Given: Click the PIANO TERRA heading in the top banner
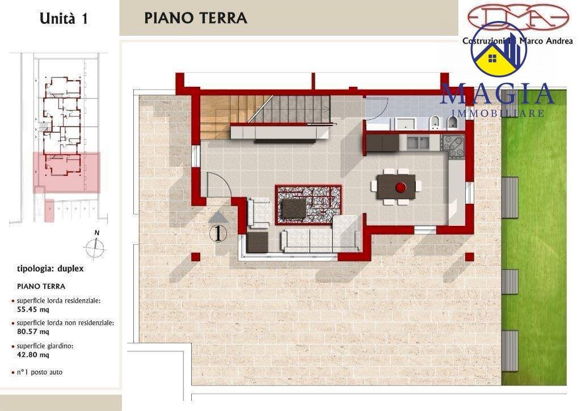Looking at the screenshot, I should [195, 18].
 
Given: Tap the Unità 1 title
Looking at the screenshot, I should [63, 18].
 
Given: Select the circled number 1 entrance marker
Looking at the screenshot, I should [219, 233].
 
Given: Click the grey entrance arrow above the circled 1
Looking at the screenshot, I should [219, 216].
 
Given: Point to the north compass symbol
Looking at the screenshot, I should [96, 245].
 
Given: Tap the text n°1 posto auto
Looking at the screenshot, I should [40, 372].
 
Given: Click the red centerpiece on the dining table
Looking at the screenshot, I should [400, 186].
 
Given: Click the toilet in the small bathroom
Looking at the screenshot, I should [435, 121].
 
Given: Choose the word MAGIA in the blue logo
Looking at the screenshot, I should [496, 94].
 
